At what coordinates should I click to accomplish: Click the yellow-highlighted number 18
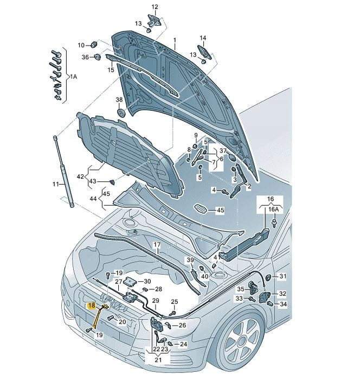click(x=91, y=306)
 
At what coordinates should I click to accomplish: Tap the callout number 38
click(x=119, y=100)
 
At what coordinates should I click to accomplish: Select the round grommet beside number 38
click(x=121, y=112)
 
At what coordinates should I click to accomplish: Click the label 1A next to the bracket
click(x=74, y=77)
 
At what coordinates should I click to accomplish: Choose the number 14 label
click(x=203, y=38)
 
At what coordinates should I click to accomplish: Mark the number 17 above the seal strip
click(x=156, y=245)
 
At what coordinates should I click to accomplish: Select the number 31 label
click(x=282, y=277)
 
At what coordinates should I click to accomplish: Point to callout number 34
click(x=282, y=304)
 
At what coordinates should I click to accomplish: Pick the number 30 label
click(x=147, y=281)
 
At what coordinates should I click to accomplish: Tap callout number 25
click(x=174, y=302)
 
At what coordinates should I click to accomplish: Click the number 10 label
click(x=81, y=45)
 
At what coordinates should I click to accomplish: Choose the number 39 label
click(x=190, y=261)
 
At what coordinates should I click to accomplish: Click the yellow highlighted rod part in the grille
click(x=98, y=318)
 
